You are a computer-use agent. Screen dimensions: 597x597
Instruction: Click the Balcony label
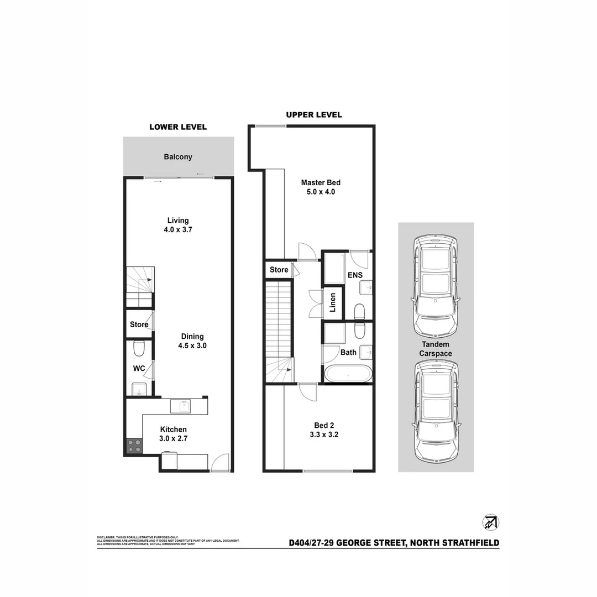tap(178, 156)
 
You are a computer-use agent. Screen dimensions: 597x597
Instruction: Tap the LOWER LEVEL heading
tap(178, 127)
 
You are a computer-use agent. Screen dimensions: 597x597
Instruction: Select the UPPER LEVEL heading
tap(313, 115)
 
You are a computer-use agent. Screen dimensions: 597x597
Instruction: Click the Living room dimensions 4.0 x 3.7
tap(178, 230)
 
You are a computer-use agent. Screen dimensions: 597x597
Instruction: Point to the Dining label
tap(192, 336)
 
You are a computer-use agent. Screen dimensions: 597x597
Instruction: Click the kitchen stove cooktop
tap(134, 446)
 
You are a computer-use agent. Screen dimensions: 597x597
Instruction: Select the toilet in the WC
tap(139, 348)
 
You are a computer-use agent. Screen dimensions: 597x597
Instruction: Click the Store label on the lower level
tap(139, 324)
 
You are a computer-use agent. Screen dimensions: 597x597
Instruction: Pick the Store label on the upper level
tap(279, 270)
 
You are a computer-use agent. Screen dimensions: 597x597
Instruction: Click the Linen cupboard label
tap(332, 303)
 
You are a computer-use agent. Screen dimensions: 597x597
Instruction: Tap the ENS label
tap(354, 275)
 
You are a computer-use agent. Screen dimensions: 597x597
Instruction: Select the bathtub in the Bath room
tap(347, 374)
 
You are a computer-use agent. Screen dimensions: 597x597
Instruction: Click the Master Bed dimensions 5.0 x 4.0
tap(320, 192)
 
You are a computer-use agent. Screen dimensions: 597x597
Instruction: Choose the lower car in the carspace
tap(436, 411)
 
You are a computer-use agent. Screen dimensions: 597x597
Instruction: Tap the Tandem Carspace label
tap(435, 349)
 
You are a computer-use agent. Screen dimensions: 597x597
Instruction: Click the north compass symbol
tap(490, 522)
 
